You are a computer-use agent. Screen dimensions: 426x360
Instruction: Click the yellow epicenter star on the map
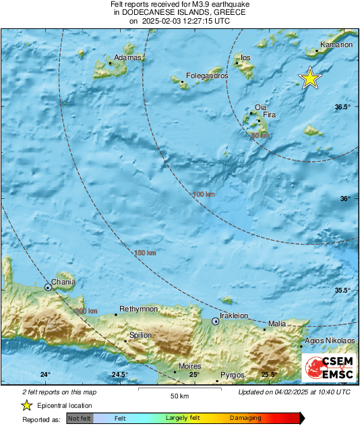tap(310, 78)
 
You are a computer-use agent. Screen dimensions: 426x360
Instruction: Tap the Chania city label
tap(63, 282)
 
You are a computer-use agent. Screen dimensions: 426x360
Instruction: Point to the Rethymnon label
tap(138, 308)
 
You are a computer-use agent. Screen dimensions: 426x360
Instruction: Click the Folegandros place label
tap(207, 76)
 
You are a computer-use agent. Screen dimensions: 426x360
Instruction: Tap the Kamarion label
tap(337, 44)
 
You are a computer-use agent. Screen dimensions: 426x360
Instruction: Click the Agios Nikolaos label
tap(330, 341)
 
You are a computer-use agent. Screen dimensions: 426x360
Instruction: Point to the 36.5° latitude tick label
tap(344, 107)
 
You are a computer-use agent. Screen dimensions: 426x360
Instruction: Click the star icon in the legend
tap(26, 405)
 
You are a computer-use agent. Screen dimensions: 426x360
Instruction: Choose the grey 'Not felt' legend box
tap(80, 419)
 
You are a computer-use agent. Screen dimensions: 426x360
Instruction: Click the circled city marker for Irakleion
tap(216, 322)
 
